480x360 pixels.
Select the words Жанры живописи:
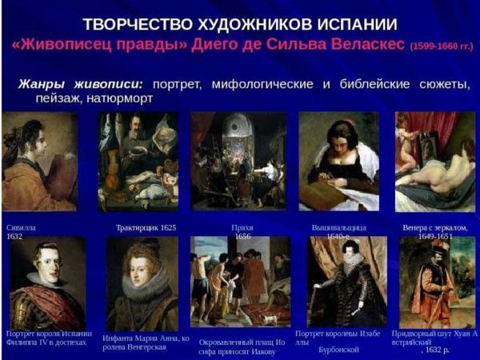[x=78, y=84]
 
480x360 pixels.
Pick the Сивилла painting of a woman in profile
[x=39, y=161]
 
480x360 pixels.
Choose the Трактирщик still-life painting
[x=137, y=161]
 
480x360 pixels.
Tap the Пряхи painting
[x=238, y=161]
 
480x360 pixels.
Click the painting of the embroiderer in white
[x=338, y=161]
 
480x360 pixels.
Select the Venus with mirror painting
[x=434, y=161]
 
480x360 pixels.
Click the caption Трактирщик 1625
[x=146, y=227]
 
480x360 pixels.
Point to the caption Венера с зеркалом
[x=434, y=227]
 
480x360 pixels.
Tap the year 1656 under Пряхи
[x=242, y=238]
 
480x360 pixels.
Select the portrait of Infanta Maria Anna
[x=142, y=285]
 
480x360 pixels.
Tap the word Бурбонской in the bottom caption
[x=337, y=350]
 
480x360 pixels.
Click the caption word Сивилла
[x=21, y=227]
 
